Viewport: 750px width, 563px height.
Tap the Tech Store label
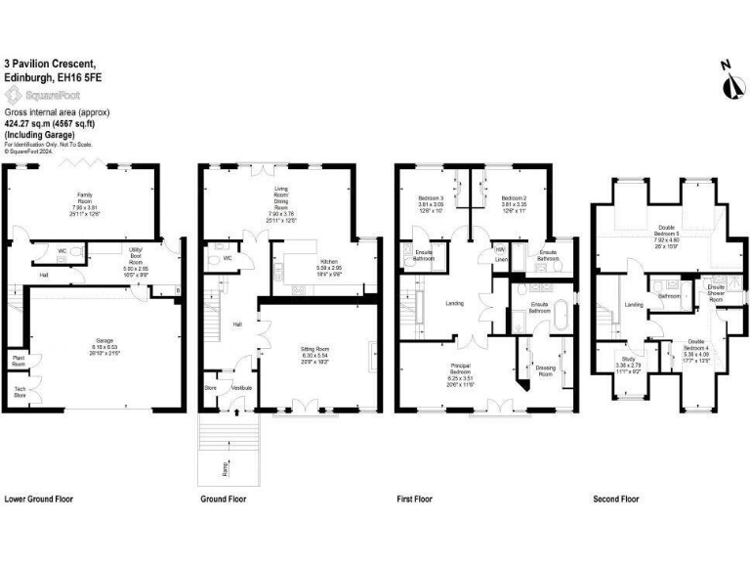[20, 393]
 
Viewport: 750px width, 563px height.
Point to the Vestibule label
[241, 388]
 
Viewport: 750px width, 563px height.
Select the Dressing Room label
[546, 369]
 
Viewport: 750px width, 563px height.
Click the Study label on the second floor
[628, 360]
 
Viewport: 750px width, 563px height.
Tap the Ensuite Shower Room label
[716, 290]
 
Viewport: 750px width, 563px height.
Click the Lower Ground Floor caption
[38, 499]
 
